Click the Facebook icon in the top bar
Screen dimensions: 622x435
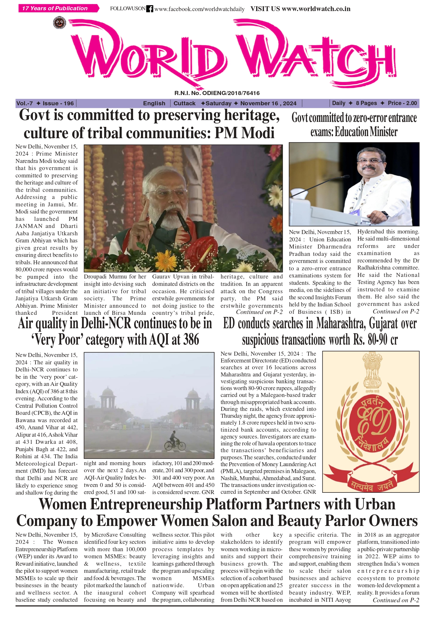(149, 9)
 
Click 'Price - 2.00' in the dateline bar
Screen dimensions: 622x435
(402, 103)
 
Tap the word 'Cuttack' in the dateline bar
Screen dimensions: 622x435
(184, 103)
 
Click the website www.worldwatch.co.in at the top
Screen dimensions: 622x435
(316, 9)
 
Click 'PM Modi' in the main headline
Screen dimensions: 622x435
(245, 133)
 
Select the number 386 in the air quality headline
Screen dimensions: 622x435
(191, 340)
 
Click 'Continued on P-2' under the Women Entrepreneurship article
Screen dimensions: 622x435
(396, 600)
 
